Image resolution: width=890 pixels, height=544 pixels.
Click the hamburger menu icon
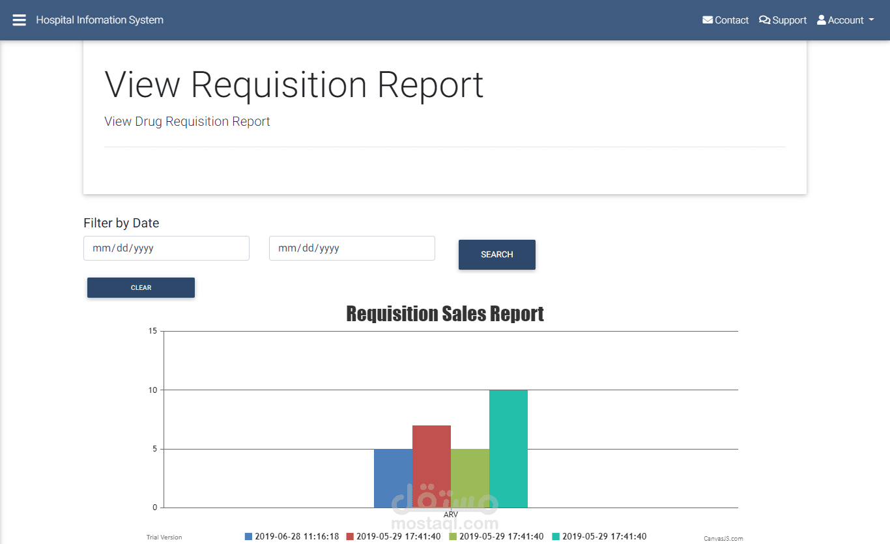20,20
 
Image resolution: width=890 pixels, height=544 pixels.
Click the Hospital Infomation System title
100,20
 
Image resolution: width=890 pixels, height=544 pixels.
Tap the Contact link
725,20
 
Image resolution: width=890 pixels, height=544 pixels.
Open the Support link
782,20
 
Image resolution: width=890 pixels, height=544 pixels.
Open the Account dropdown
845,20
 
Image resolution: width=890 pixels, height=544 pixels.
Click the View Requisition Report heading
294,84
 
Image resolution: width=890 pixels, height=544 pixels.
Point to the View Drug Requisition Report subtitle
187,121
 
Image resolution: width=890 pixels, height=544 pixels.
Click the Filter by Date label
121,223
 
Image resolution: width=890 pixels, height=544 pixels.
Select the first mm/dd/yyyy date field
166,248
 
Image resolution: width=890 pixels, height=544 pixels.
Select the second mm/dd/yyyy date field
352,248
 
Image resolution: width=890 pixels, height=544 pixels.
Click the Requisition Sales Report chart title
445,313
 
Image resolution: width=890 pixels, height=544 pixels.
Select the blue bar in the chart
393,478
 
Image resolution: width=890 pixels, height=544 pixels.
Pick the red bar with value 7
431,466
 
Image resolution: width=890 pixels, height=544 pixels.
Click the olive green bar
470,478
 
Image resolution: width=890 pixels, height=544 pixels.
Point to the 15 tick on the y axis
152,331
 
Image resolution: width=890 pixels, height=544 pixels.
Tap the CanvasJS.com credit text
723,539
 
